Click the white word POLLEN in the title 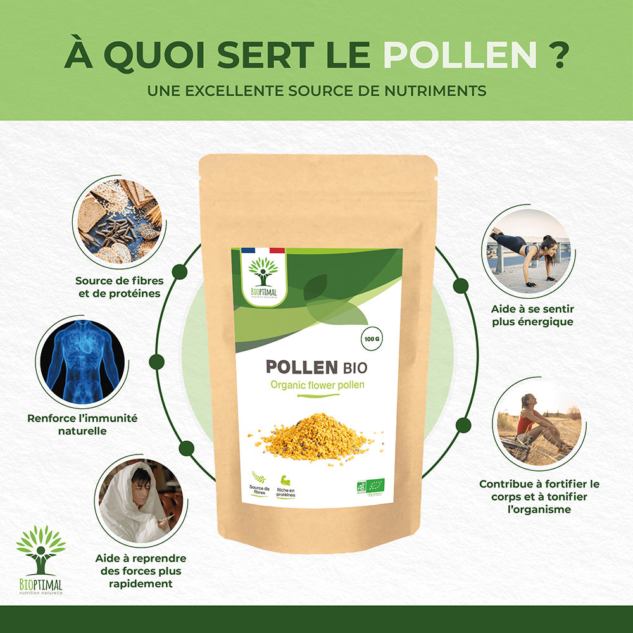(460, 56)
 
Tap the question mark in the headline (556, 56)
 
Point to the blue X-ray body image (82, 363)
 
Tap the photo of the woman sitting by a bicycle (538, 422)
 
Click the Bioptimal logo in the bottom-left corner (41, 560)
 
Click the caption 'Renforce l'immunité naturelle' (82, 424)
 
